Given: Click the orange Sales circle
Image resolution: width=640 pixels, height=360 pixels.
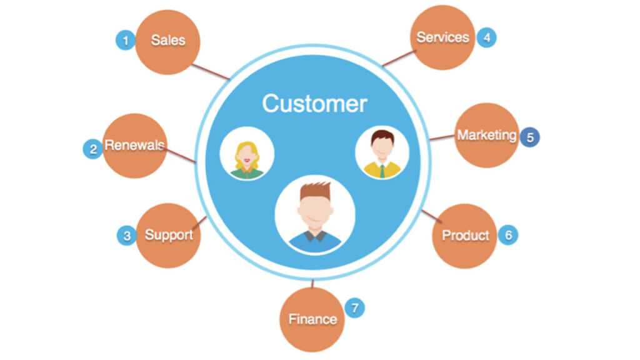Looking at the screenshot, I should (x=167, y=41).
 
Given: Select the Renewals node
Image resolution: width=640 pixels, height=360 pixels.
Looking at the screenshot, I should (x=134, y=146).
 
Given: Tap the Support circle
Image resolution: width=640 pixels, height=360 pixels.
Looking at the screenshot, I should (x=168, y=236).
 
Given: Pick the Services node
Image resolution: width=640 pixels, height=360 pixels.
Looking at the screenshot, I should (x=442, y=37).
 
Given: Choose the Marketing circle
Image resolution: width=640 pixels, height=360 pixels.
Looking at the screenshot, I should (x=486, y=135).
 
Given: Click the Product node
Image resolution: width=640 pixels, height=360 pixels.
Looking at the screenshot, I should (x=465, y=236).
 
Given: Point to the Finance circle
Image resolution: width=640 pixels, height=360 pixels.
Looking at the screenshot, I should (x=312, y=319).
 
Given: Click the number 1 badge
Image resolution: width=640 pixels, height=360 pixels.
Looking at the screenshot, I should (x=126, y=41).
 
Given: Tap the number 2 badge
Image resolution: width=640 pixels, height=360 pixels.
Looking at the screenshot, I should (x=93, y=149).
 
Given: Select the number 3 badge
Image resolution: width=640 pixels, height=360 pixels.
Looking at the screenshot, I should (x=127, y=236).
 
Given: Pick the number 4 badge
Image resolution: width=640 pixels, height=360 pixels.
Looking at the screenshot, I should (x=486, y=37).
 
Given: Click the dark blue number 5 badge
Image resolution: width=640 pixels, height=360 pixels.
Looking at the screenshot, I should (x=530, y=137).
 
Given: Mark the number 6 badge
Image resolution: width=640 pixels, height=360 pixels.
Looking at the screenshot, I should (x=508, y=235).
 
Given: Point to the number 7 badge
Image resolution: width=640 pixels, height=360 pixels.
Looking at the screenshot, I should (x=354, y=308).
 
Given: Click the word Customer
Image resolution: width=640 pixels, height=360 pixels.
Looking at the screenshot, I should (x=314, y=103).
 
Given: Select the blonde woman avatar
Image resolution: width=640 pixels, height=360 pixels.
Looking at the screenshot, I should (x=246, y=154).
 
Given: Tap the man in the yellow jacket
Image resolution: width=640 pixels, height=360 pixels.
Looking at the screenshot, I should (x=381, y=152).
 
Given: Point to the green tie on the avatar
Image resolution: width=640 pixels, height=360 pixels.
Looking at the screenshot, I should (x=381, y=170).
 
